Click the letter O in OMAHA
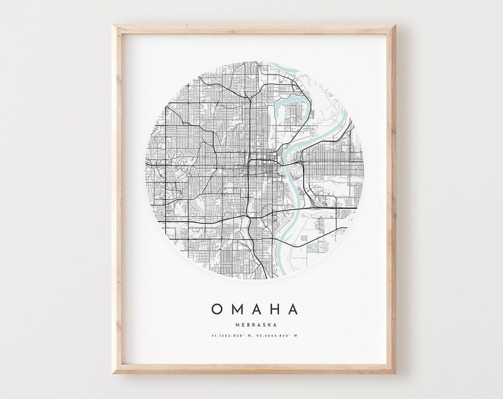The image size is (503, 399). pyautogui.click(x=216, y=309)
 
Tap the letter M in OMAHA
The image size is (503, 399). pyautogui.click(x=235, y=309)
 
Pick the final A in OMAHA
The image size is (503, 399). pyautogui.click(x=292, y=309)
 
